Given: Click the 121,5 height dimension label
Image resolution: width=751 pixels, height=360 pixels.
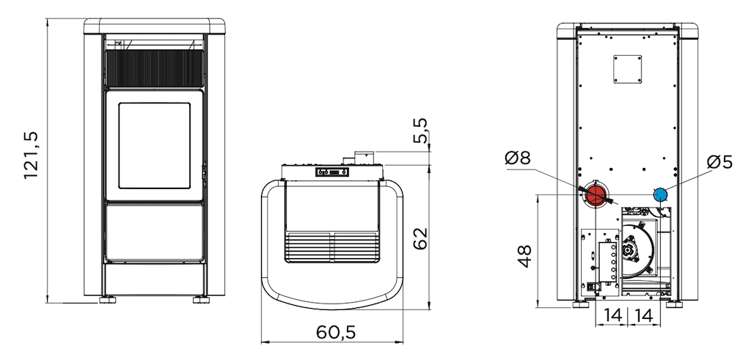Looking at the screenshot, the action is pos(31,155).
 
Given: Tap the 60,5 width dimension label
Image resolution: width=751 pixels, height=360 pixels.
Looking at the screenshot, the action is pos(336,332).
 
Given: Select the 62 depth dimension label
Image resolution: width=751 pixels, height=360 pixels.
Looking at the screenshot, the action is pos(420,238).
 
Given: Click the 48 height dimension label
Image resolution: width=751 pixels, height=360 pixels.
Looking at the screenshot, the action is pos(525,256).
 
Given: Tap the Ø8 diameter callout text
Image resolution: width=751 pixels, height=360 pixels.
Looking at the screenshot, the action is pos(518,158).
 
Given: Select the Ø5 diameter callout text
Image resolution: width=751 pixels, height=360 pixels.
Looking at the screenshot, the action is pos(720,162).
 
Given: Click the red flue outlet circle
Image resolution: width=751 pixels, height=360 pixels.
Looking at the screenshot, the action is pos(596,196).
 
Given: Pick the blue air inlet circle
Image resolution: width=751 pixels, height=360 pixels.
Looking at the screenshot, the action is pos(661,194).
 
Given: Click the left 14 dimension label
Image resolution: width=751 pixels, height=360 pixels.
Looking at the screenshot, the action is pos(612,315).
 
